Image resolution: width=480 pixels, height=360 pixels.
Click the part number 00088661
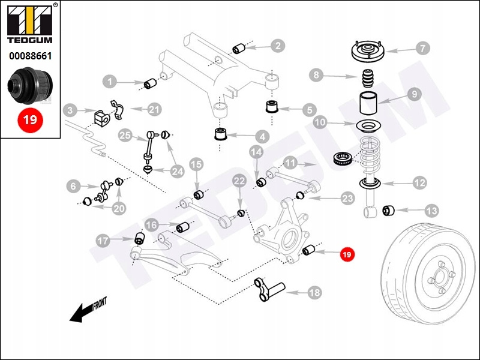(x=30, y=56)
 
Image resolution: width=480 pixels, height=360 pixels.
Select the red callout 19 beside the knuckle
(x=347, y=254)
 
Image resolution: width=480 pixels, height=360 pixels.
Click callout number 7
(x=421, y=48)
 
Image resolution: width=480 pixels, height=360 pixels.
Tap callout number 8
(x=316, y=75)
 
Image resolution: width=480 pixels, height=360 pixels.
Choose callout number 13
(x=431, y=211)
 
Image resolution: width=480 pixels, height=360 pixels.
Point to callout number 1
(x=110, y=80)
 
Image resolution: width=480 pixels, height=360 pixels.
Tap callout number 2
(x=277, y=45)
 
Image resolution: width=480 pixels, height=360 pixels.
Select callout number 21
(x=155, y=109)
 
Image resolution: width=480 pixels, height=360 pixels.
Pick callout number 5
(x=309, y=110)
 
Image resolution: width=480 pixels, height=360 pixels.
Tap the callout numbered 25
(x=125, y=135)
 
